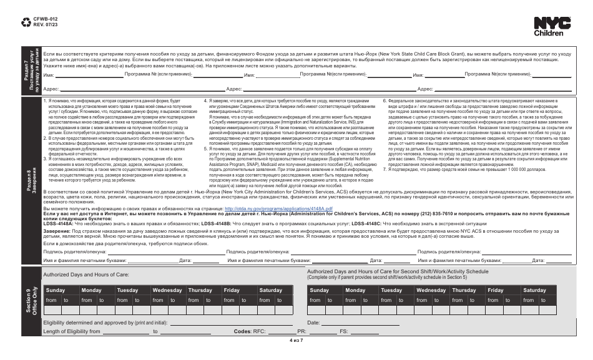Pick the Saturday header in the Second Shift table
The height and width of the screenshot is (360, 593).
tap(534, 290)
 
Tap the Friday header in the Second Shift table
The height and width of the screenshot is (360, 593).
tap(496, 290)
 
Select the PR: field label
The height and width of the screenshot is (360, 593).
tap(301, 331)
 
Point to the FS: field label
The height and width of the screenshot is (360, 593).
tap(343, 331)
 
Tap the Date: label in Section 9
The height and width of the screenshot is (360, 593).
tap(313, 322)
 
